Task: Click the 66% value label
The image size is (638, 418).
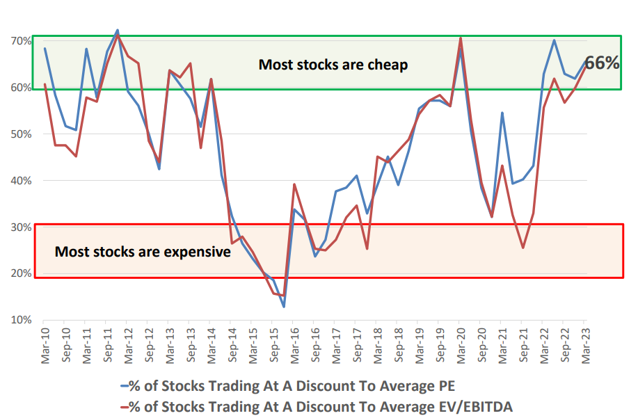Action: [x=602, y=63]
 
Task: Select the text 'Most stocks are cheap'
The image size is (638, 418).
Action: [x=333, y=65]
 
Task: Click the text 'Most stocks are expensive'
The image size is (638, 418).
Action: [x=143, y=252]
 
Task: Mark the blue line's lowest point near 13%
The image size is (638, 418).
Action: [x=284, y=307]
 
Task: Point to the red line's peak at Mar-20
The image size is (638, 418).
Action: [x=461, y=38]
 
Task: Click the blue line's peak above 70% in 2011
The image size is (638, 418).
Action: [x=117, y=30]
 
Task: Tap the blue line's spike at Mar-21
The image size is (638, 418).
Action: [x=502, y=113]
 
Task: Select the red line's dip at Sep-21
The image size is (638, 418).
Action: [x=523, y=248]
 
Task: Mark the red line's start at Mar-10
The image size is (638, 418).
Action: [x=45, y=84]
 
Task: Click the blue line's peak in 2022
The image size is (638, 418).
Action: [x=554, y=40]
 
